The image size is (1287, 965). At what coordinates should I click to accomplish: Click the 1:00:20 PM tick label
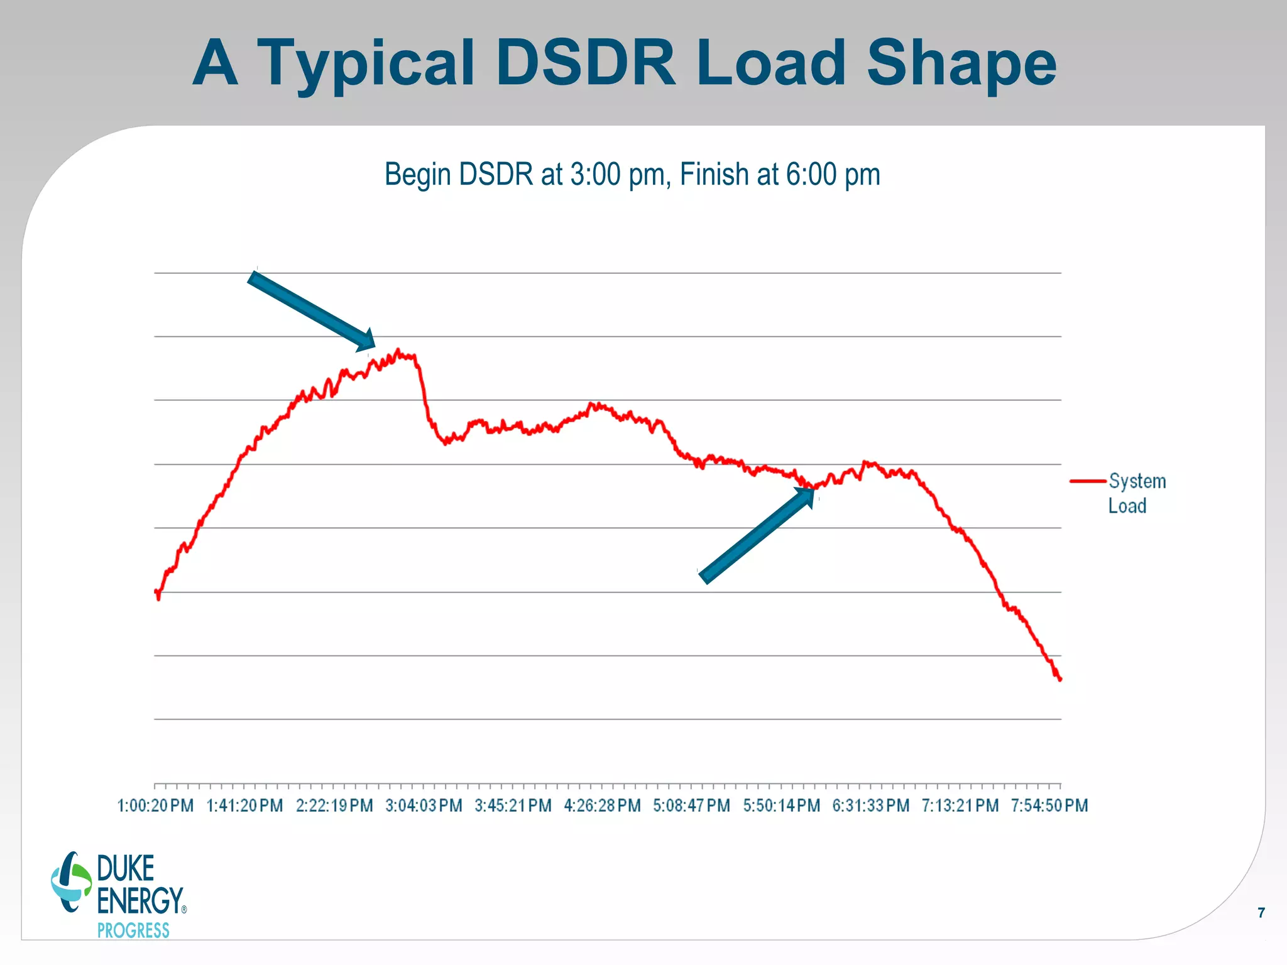[x=155, y=805]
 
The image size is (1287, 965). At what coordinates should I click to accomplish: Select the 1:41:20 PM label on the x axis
[x=244, y=805]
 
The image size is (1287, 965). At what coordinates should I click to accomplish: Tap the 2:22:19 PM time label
[x=334, y=805]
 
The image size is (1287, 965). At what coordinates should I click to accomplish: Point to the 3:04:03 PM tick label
[x=424, y=805]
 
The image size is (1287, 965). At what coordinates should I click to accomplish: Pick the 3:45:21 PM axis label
[x=513, y=805]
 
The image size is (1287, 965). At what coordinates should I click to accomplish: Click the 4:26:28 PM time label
[x=602, y=805]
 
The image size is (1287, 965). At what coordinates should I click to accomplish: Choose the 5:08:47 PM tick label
[x=691, y=805]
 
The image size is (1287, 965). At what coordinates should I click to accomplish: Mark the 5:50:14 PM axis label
[x=781, y=805]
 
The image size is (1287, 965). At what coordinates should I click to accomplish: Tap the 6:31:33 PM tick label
[x=870, y=805]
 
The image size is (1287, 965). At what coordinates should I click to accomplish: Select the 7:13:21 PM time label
[x=960, y=805]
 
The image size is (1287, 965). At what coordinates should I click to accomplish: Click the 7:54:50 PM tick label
[x=1049, y=805]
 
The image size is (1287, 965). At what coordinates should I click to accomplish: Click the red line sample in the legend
[x=1087, y=481]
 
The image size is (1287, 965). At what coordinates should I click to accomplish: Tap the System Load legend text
[x=1136, y=493]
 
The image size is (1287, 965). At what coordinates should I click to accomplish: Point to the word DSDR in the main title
[x=585, y=63]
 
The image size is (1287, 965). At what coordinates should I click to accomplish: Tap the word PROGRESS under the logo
[x=133, y=930]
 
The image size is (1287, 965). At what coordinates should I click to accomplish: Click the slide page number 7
[x=1261, y=913]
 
